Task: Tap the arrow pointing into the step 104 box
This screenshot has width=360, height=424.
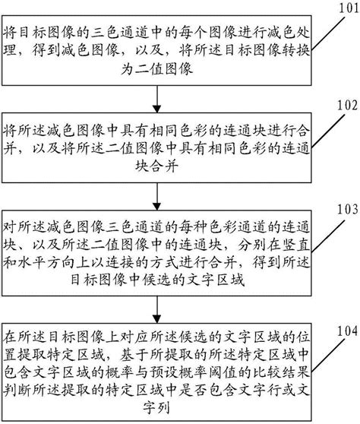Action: (x=156, y=309)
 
